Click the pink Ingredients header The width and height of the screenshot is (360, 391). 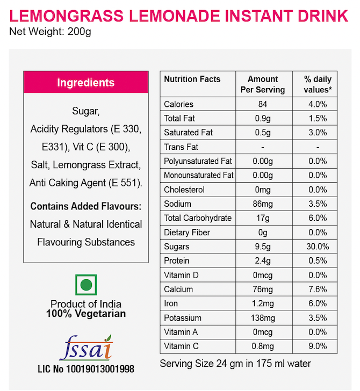pos(86,83)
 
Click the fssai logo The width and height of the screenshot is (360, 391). pos(86,346)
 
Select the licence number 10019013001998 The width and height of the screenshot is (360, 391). pos(86,370)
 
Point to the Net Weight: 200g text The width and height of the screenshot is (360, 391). pos(51,31)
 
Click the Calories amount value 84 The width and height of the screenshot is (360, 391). pos(263,104)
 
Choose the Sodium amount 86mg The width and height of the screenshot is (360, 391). pos(263,204)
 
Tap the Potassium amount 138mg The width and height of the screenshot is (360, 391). pos(263,318)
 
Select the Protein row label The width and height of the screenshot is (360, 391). pos(177,261)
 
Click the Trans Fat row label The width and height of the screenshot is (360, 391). pos(181,147)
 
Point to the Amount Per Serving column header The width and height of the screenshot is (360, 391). pos(263,84)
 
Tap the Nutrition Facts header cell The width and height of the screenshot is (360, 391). pos(192,79)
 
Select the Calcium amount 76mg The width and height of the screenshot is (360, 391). pos(263,289)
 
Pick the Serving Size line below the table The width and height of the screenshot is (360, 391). pos(235,364)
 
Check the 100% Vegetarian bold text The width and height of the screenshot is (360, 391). pos(86,314)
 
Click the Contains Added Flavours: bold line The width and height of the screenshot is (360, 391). pos(86,206)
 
